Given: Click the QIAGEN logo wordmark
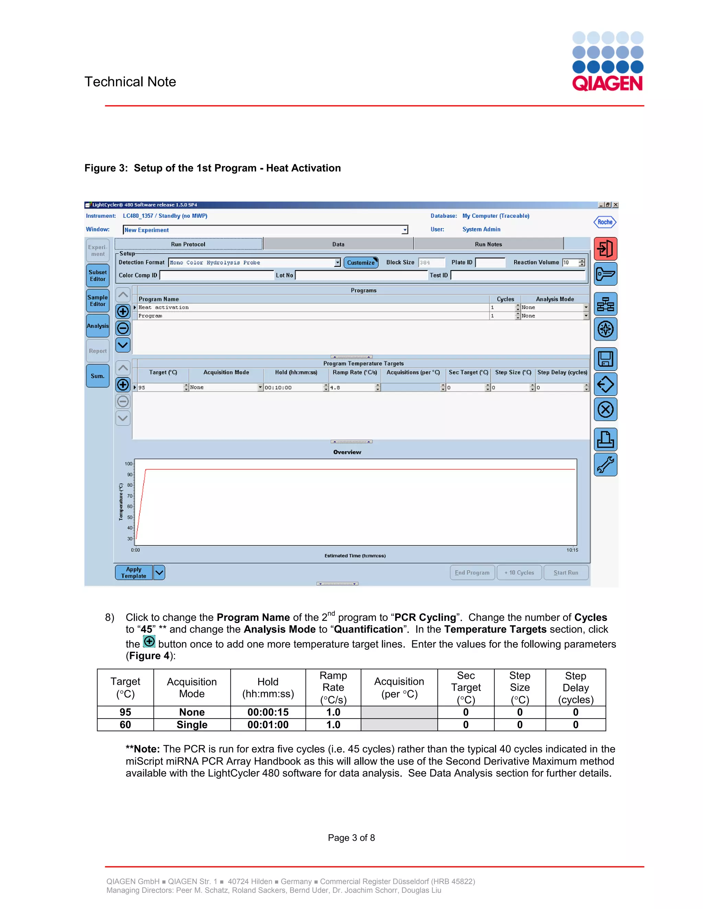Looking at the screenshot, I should [607, 83].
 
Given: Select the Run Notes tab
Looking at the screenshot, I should [488, 244].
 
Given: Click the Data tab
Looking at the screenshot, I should [338, 244].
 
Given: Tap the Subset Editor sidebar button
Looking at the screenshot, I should [97, 275].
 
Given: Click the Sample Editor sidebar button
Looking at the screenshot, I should [97, 300].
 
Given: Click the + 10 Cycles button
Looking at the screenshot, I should [519, 573].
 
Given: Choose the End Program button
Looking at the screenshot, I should [472, 573].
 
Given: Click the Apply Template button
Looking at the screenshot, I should [134, 573].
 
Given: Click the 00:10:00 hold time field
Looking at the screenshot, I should [293, 388].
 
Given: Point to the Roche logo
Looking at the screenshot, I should [605, 222].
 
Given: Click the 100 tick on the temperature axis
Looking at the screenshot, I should [128, 464].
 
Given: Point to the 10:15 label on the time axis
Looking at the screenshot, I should [572, 550].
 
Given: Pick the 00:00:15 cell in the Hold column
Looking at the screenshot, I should [268, 712].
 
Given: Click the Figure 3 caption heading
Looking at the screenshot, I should [212, 168].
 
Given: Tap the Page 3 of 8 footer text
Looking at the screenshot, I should [351, 838].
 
